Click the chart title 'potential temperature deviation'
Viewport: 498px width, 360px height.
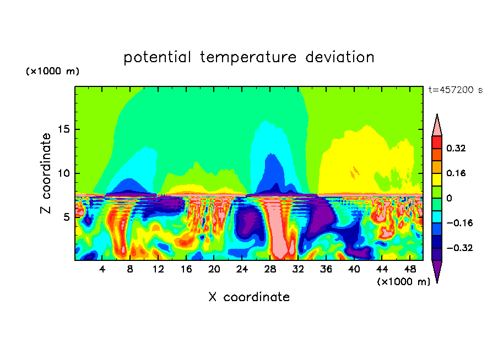(249, 57)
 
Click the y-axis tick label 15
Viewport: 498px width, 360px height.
(64, 130)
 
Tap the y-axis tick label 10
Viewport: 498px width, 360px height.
(64, 173)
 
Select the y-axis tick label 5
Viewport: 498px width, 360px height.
(67, 217)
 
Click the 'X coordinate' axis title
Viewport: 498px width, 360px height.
(249, 297)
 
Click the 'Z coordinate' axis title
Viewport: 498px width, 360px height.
(46, 173)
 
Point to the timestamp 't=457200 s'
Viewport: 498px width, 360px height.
(455, 90)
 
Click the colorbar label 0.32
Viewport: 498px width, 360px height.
(456, 148)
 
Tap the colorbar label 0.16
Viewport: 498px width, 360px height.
(456, 173)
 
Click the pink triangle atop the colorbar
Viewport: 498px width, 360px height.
(437, 126)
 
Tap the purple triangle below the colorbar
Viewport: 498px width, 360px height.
(437, 270)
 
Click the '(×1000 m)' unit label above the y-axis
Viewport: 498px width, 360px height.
(52, 72)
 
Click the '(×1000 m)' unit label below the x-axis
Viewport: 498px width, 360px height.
(404, 282)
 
